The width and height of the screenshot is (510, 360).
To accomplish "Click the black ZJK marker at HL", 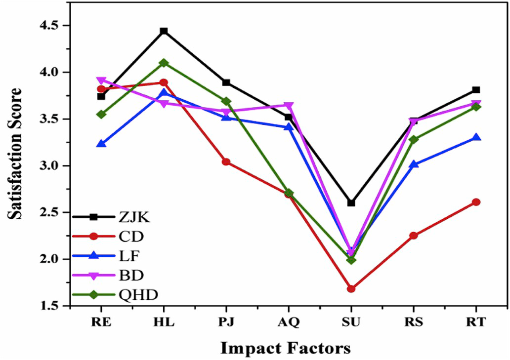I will pyautogui.click(x=164, y=31).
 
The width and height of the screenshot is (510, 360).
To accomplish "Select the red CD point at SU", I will pyautogui.click(x=351, y=289).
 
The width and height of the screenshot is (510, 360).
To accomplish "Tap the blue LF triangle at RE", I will pyautogui.click(x=101, y=144).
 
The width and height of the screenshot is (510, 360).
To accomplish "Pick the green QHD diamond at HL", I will pyautogui.click(x=164, y=63).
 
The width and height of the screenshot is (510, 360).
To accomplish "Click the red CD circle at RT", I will pyautogui.click(x=476, y=202).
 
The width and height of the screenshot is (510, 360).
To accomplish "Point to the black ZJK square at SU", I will pyautogui.click(x=351, y=203).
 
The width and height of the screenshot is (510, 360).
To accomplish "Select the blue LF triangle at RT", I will pyautogui.click(x=476, y=137).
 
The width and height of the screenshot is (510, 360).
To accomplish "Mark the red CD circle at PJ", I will pyautogui.click(x=226, y=162).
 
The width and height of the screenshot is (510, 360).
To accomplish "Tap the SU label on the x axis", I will pyautogui.click(x=351, y=322).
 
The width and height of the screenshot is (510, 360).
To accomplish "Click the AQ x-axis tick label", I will pyautogui.click(x=288, y=322).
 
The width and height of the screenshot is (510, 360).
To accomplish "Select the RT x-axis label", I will pyautogui.click(x=476, y=322).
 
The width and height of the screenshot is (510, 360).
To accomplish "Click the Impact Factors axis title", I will pyautogui.click(x=285, y=348).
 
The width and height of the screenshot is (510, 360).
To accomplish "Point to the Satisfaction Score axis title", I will pyautogui.click(x=16, y=154).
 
